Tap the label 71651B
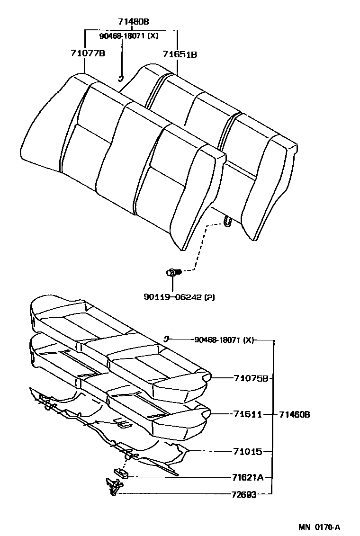pos(180,54)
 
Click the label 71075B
pos(251,378)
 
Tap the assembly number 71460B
pos(294,415)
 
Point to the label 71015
pos(248,452)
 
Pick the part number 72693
pos(244,495)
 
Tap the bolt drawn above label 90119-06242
pos(173,272)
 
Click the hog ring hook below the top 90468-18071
pos(121,78)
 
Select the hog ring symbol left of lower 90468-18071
pos(167,339)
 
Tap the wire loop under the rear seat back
pos(228,221)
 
